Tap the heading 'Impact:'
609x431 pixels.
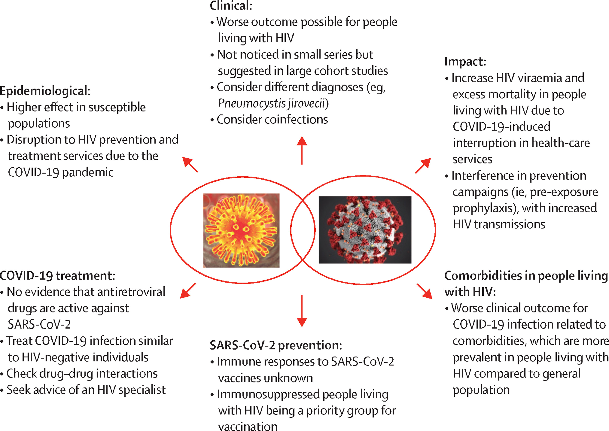tap(465, 62)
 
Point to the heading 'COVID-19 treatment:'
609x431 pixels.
tap(57, 275)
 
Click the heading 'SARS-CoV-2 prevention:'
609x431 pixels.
tap(276, 345)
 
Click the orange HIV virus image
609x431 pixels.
tap(241, 230)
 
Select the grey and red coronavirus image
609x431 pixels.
tap(365, 230)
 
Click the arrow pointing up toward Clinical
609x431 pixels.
tap(302, 150)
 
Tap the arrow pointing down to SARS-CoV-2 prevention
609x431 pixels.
tap(302, 310)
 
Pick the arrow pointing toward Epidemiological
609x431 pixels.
tap(190, 165)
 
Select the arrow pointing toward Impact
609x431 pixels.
tap(423, 166)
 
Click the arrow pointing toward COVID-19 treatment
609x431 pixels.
tap(188, 291)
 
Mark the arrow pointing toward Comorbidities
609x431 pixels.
tap(424, 291)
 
